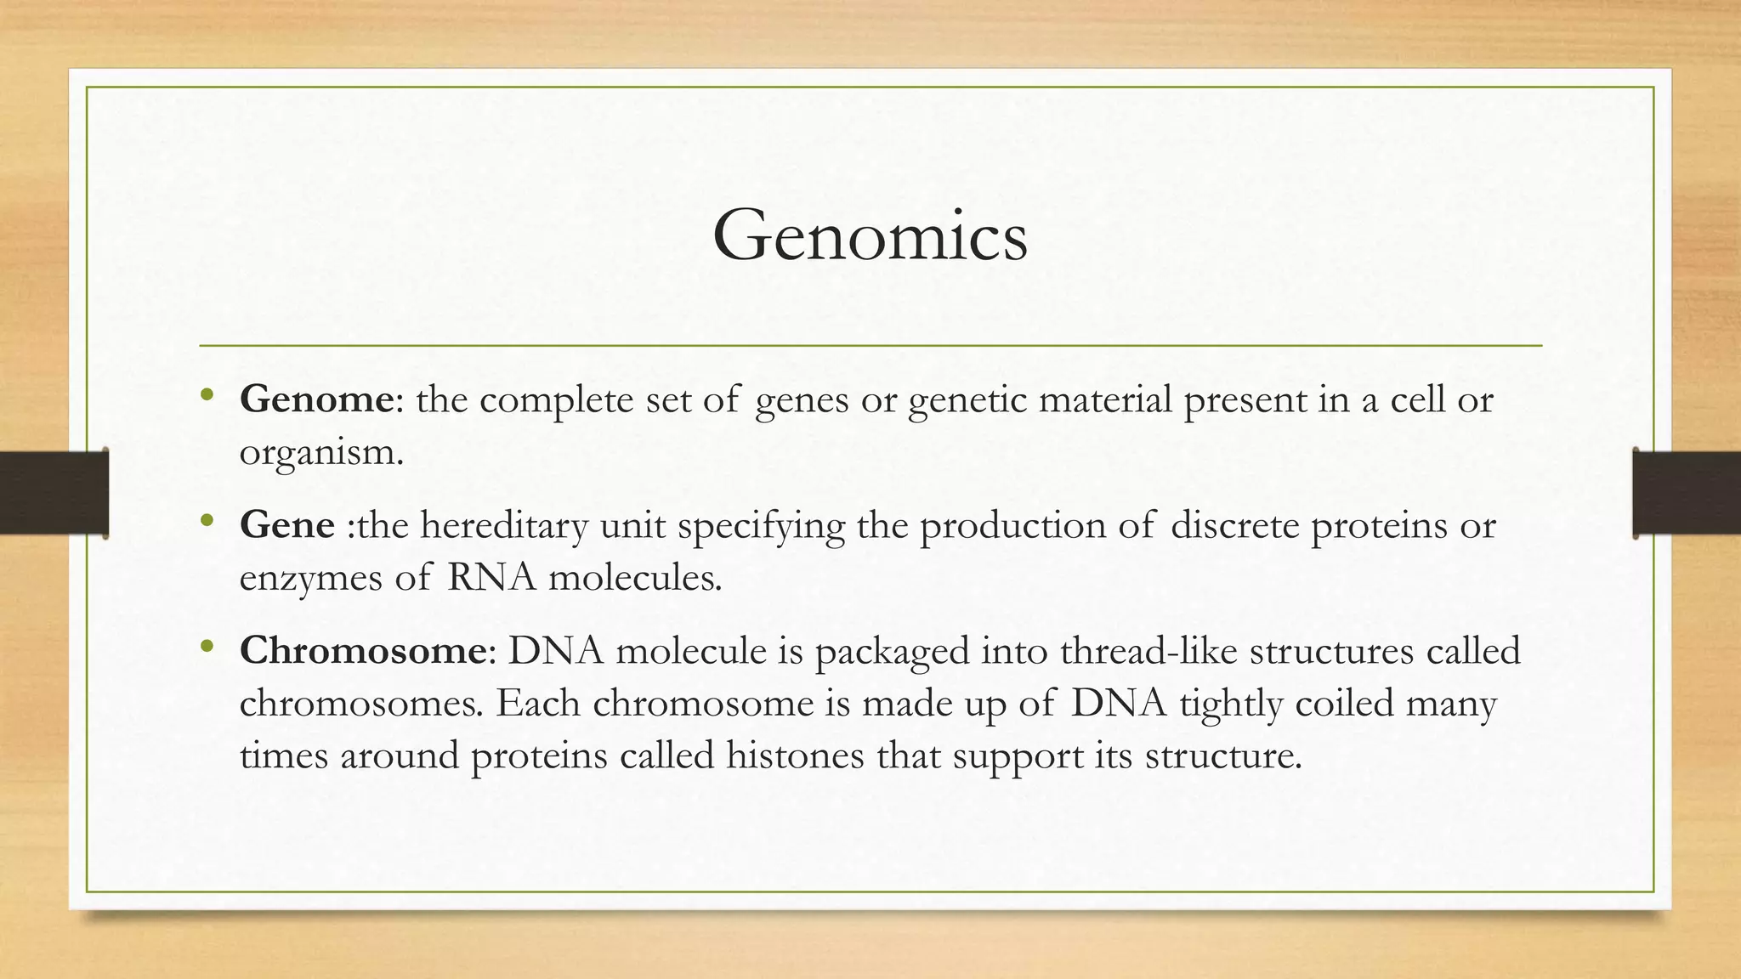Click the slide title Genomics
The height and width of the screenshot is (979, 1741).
pos(870,235)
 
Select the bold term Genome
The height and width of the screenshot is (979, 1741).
pos(316,399)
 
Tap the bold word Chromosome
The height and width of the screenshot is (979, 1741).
pos(362,651)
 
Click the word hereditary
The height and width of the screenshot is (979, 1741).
pos(504,525)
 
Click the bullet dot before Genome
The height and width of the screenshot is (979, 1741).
pos(207,396)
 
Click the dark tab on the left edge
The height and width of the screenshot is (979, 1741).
pos(54,493)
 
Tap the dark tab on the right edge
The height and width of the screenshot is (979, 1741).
pos(1687,493)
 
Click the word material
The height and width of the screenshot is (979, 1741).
pos(1105,399)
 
